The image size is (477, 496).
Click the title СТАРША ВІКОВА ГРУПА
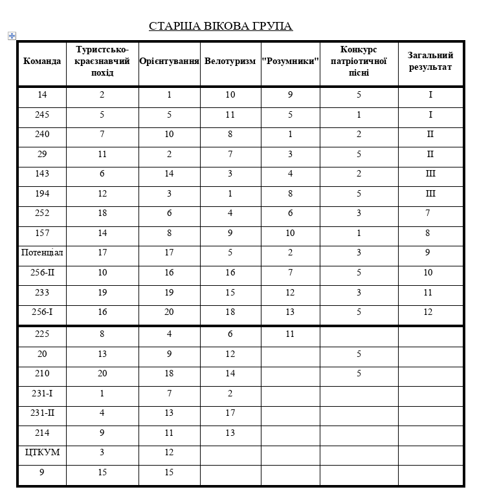point(221,26)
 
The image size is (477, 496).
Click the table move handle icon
point(12,36)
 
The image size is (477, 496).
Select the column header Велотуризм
point(230,61)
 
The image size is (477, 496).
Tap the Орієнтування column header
point(169,61)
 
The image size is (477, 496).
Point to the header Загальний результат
point(430,61)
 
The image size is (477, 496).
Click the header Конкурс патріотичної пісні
point(359,61)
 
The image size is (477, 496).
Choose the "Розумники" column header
point(291,61)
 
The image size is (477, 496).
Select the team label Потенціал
point(42,252)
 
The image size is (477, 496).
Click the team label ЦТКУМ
point(42,452)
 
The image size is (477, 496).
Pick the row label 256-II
point(42,272)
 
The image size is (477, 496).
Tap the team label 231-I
point(42,393)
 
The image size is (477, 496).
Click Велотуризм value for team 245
point(230,114)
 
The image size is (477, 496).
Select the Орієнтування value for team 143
point(169,173)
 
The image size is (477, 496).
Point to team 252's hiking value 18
point(102,213)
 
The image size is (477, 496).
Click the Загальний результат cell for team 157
point(428,233)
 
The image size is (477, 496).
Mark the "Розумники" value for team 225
point(290,334)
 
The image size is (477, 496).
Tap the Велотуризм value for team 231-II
point(230,413)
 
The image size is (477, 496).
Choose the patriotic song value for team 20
point(359,354)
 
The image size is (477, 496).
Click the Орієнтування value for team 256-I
point(169,312)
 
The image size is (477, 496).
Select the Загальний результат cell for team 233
point(428,292)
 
